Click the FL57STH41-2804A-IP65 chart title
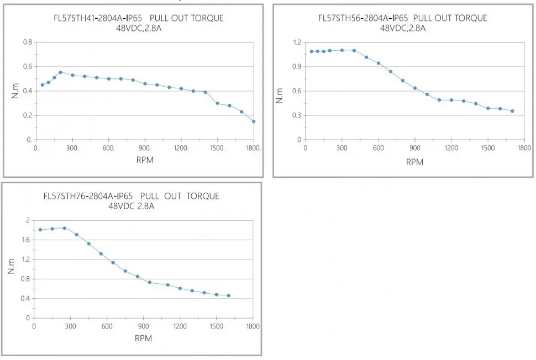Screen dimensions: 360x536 [x=135, y=18]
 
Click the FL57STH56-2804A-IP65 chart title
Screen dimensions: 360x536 [x=403, y=18]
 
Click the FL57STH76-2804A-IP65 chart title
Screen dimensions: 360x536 [x=131, y=197]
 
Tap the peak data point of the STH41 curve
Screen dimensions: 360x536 [x=60, y=72]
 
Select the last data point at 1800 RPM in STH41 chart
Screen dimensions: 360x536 [x=254, y=121]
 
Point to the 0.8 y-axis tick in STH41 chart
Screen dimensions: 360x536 [x=28, y=43]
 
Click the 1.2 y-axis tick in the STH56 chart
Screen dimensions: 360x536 [x=297, y=43]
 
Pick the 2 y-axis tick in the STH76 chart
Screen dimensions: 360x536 [x=27, y=220]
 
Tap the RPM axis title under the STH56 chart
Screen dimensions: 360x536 [x=414, y=162]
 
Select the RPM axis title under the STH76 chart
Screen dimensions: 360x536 [x=143, y=338]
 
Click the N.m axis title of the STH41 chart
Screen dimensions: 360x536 [x=15, y=91]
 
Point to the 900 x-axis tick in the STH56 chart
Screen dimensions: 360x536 [x=414, y=148]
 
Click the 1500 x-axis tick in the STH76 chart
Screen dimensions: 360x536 [x=216, y=326]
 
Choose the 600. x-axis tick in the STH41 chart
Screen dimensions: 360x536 [x=109, y=148]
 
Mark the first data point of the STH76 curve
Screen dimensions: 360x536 [x=40, y=230]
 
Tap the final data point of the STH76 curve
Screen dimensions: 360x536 [x=228, y=295]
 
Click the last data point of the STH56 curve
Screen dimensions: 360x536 [x=512, y=111]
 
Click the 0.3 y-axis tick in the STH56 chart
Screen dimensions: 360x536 [x=297, y=115]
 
